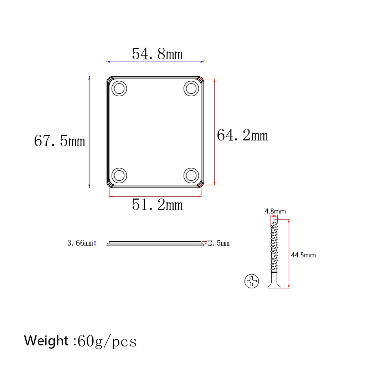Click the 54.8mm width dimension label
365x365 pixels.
pyautogui.click(x=157, y=54)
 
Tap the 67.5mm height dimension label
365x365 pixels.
pyautogui.click(x=60, y=140)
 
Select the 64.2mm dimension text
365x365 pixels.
pyautogui.click(x=242, y=135)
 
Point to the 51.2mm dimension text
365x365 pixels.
pyautogui.click(x=157, y=205)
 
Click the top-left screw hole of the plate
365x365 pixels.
pyautogui.click(x=119, y=88)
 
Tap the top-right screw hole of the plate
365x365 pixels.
pyautogui.click(x=191, y=88)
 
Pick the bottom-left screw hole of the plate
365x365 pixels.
pyautogui.click(x=119, y=175)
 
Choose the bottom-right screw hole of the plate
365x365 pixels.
pyautogui.click(x=191, y=175)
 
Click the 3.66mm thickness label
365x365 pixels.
pyautogui.click(x=80, y=243)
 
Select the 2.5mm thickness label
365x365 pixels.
pyautogui.click(x=219, y=243)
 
